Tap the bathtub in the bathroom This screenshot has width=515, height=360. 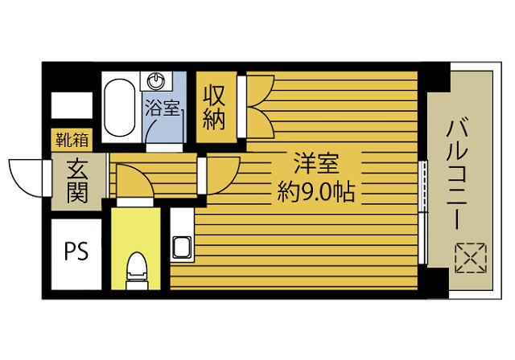click(x=119, y=107)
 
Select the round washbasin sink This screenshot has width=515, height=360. click(x=155, y=80)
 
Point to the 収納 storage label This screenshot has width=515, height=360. click(x=214, y=107)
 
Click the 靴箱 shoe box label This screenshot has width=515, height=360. click(x=72, y=140)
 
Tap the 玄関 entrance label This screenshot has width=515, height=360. click(x=77, y=182)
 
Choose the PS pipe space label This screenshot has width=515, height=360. click(x=76, y=252)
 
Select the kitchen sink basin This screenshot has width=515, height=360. click(x=182, y=247)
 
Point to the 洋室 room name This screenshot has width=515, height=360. click(x=316, y=163)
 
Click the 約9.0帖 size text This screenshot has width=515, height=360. click(x=316, y=192)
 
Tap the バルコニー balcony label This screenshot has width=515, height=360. click(x=458, y=173)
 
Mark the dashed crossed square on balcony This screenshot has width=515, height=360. click(x=471, y=258)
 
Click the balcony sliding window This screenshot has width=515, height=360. click(x=423, y=212)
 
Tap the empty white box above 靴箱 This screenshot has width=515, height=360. click(x=72, y=105)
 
